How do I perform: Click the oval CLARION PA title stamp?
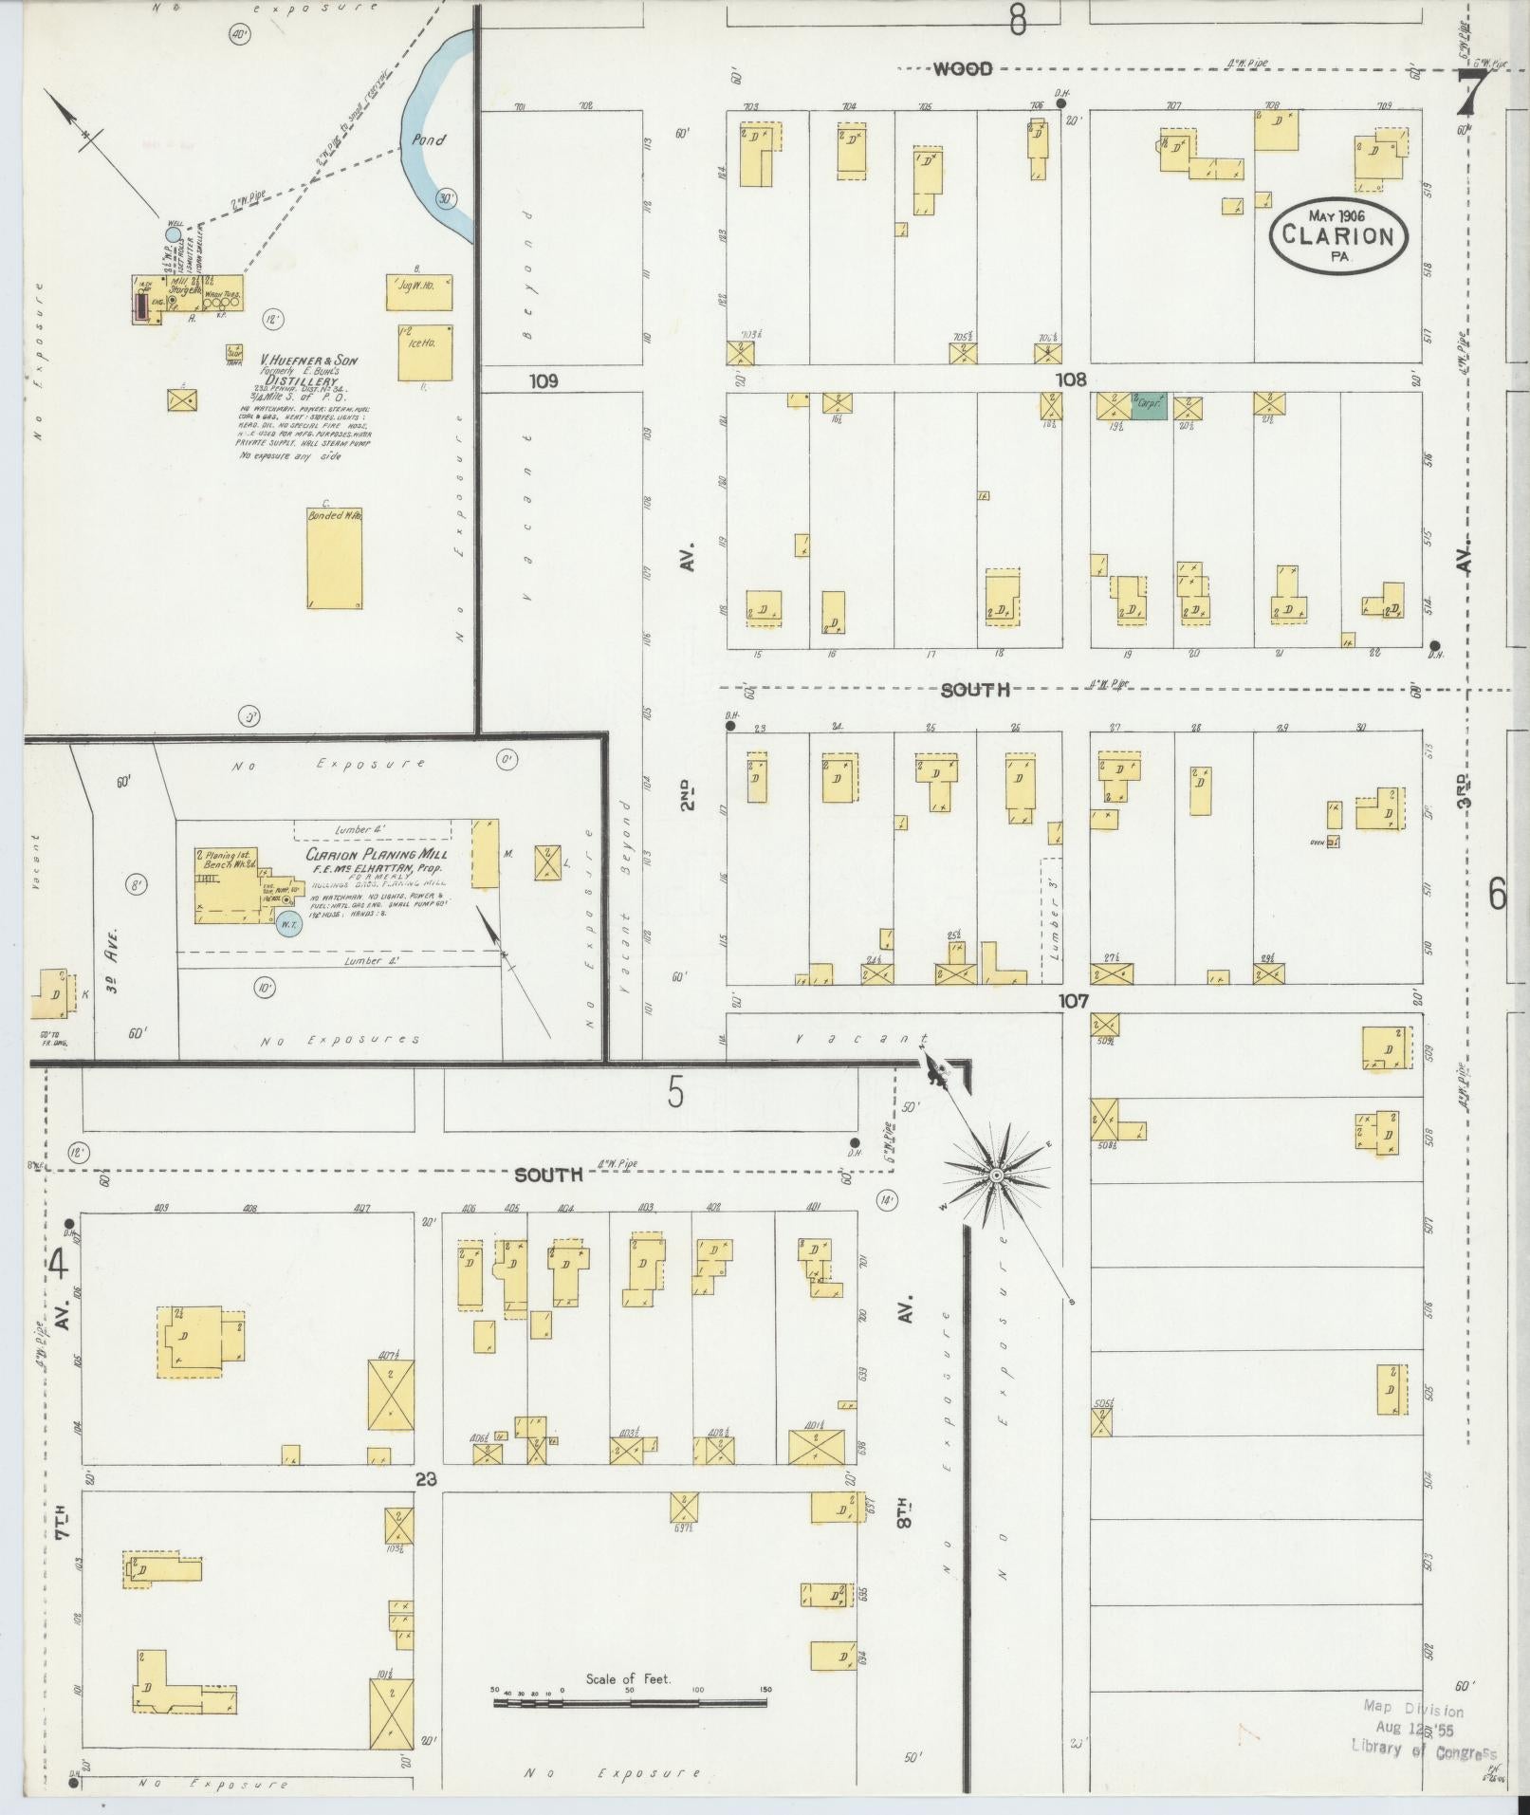click(1338, 235)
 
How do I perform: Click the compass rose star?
click(996, 1176)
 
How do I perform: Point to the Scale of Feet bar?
click(630, 1703)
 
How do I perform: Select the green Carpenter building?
click(1149, 406)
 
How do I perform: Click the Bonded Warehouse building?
click(335, 558)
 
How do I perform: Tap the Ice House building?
click(424, 353)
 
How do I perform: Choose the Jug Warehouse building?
click(418, 292)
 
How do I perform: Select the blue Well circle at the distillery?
click(173, 233)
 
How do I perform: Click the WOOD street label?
click(962, 68)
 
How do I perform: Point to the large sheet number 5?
click(674, 1094)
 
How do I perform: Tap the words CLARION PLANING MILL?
click(376, 854)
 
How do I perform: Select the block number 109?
click(544, 380)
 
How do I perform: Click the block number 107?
click(1074, 1000)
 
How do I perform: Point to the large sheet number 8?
click(1018, 19)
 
